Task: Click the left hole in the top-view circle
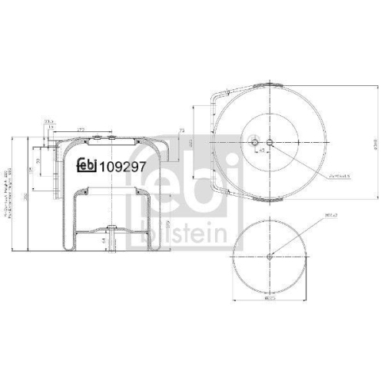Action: (x=256, y=142)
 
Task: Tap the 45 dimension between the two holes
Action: (x=263, y=151)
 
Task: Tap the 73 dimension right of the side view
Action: (x=181, y=143)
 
